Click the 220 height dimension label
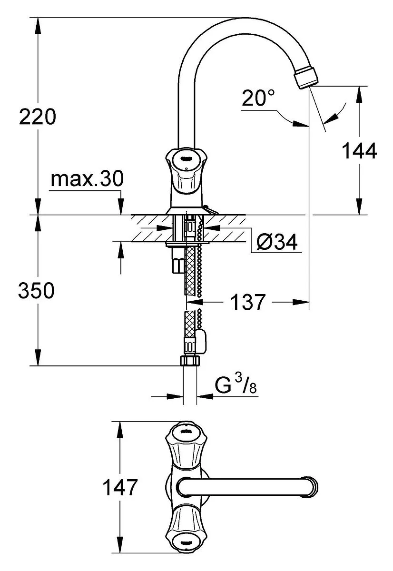(37, 117)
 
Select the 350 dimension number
(36, 290)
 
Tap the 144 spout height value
(359, 151)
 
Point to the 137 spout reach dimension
(248, 302)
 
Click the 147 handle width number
(120, 487)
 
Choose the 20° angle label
(258, 98)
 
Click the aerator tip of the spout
(306, 77)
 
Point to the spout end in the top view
(310, 487)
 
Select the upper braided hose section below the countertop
(191, 270)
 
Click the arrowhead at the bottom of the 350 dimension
(38, 357)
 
